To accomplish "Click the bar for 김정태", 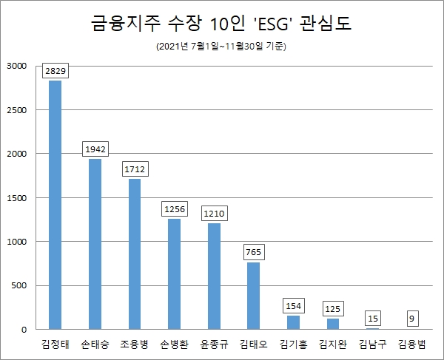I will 55,205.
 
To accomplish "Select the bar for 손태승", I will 95,244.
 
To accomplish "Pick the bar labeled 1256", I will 175,274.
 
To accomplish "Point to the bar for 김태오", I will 253,296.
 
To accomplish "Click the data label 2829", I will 55,71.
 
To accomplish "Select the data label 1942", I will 95,149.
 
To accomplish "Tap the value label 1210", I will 214,214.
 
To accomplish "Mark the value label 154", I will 293,306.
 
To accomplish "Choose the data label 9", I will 411,319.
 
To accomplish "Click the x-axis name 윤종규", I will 214,344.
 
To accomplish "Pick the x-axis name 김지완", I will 332,344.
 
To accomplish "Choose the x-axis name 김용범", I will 411,344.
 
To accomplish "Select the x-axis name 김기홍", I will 293,344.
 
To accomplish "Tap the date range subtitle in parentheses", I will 221,47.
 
